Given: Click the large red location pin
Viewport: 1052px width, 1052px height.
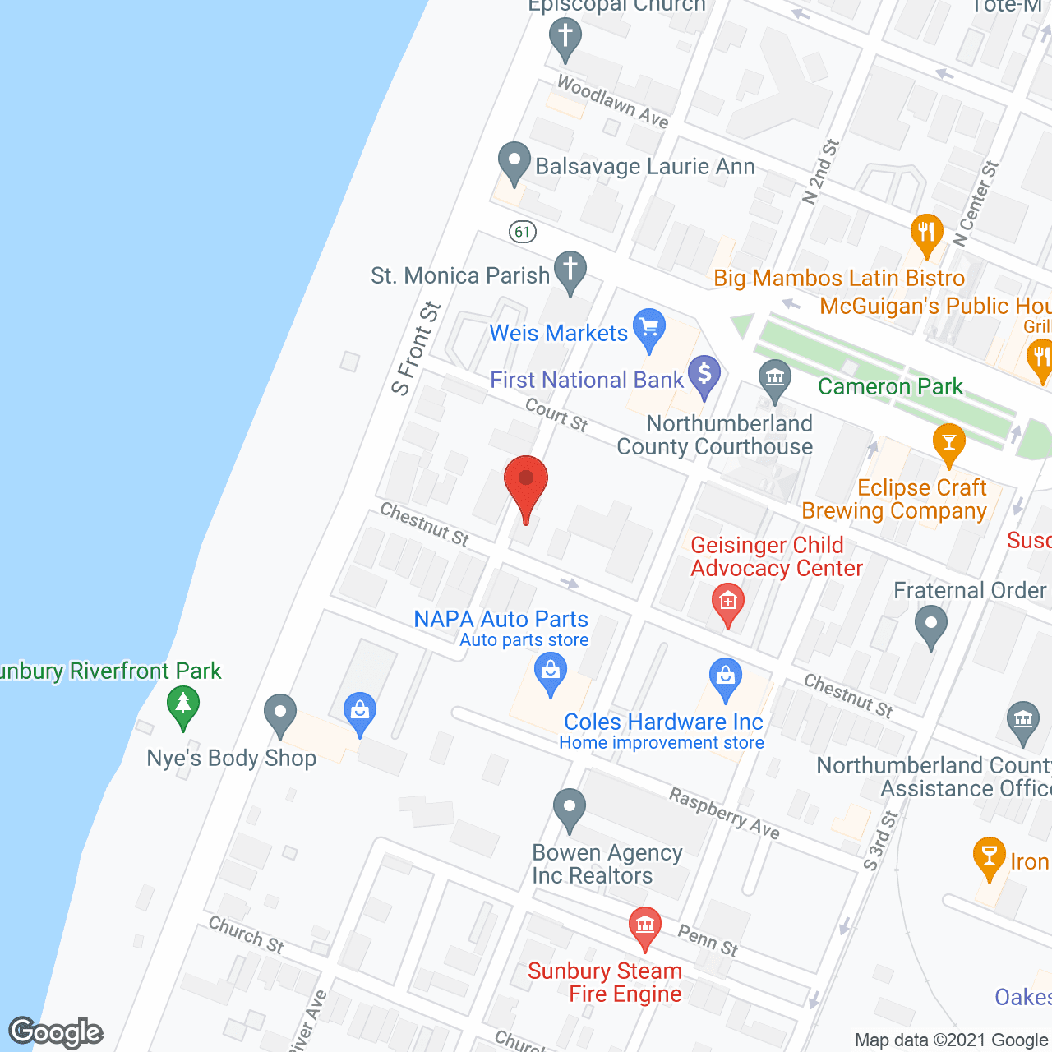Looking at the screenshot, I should pyautogui.click(x=526, y=485).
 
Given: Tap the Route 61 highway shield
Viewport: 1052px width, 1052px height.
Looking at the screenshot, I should pyautogui.click(x=523, y=232).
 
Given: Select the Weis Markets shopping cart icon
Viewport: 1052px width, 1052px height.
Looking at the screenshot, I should pyautogui.click(x=649, y=329).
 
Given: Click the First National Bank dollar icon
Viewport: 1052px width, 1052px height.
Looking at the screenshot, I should pyautogui.click(x=704, y=376).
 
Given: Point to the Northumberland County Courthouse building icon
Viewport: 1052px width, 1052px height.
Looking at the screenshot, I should pyautogui.click(x=774, y=380).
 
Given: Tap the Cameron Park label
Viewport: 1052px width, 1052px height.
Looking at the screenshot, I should pyautogui.click(x=890, y=386).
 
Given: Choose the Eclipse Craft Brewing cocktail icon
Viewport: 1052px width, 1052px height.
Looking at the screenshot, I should pyautogui.click(x=949, y=443).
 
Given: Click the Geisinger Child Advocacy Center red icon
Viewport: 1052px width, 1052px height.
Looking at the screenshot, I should pyautogui.click(x=727, y=604).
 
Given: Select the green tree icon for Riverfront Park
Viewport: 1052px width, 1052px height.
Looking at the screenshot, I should pyautogui.click(x=182, y=706).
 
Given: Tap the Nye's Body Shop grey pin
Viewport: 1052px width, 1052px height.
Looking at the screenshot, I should pyautogui.click(x=280, y=714).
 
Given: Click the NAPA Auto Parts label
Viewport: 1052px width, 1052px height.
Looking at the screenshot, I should pyautogui.click(x=501, y=619).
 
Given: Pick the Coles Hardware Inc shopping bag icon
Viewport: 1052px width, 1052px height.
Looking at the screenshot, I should pyautogui.click(x=725, y=679).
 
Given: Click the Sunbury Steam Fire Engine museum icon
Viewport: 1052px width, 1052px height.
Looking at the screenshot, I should pyautogui.click(x=645, y=925).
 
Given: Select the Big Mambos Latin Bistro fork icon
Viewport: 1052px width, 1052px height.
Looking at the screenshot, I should pyautogui.click(x=926, y=234).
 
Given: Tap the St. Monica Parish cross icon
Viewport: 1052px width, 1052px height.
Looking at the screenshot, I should pyautogui.click(x=570, y=271).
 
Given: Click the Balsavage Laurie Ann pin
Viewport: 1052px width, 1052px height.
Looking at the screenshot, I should pyautogui.click(x=514, y=162).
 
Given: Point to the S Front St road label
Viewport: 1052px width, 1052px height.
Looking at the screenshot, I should pyautogui.click(x=417, y=349).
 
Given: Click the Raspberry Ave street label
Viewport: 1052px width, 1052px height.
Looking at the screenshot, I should pyautogui.click(x=724, y=813).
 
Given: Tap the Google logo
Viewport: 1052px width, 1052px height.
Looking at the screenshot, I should pyautogui.click(x=56, y=1032).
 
